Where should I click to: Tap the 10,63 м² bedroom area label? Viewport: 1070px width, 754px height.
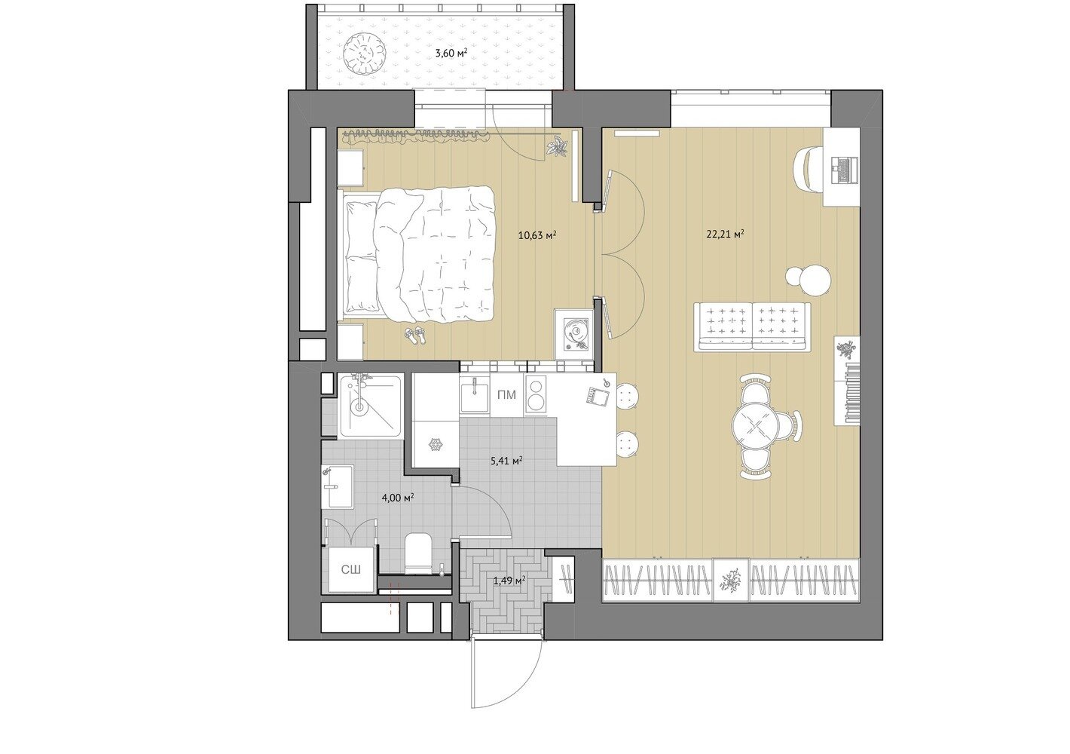pyautogui.click(x=538, y=234)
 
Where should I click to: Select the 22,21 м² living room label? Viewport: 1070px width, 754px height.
pyautogui.click(x=726, y=234)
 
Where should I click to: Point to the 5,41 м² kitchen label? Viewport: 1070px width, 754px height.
pyautogui.click(x=506, y=461)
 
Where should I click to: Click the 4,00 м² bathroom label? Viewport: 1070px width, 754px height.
pyautogui.click(x=397, y=498)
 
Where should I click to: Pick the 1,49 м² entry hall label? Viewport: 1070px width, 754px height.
pyautogui.click(x=509, y=581)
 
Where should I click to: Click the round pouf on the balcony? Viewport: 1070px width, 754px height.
pyautogui.click(x=362, y=55)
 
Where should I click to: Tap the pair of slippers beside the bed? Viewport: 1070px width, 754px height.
pyautogui.click(x=414, y=335)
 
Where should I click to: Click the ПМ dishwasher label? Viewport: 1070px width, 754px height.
pyautogui.click(x=507, y=395)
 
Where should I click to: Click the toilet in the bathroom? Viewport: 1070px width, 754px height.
pyautogui.click(x=418, y=555)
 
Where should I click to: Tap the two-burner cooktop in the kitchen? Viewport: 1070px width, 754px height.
pyautogui.click(x=538, y=394)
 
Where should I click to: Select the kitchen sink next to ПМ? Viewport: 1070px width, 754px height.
pyautogui.click(x=475, y=395)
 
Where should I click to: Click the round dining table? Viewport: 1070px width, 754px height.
pyautogui.click(x=754, y=425)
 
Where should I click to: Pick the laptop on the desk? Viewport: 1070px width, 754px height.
pyautogui.click(x=845, y=170)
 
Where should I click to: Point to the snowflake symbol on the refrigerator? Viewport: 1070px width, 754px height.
pyautogui.click(x=435, y=445)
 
